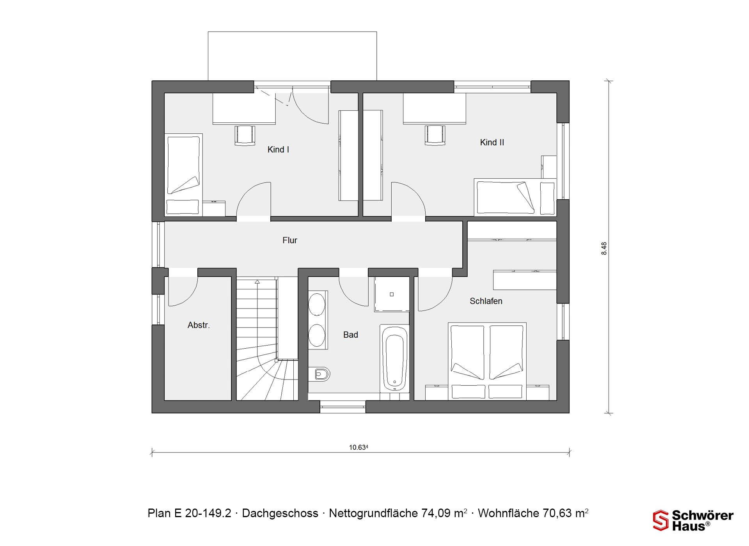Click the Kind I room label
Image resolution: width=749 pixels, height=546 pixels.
click(x=278, y=149)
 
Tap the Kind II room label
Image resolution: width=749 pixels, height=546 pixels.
click(x=492, y=142)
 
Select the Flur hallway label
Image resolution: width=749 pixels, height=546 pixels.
click(x=290, y=240)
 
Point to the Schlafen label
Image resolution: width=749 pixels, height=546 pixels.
click(x=486, y=301)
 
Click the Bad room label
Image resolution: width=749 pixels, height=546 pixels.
click(x=350, y=335)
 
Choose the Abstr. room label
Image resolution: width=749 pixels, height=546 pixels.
click(x=199, y=325)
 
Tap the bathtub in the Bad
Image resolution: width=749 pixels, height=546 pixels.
click(x=394, y=358)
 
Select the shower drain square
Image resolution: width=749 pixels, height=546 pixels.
click(x=392, y=294)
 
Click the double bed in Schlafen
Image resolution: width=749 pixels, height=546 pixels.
click(x=487, y=361)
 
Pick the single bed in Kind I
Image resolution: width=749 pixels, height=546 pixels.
click(x=183, y=175)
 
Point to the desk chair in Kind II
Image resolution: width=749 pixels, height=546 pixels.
click(x=435, y=135)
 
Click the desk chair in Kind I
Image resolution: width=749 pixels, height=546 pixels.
click(x=245, y=135)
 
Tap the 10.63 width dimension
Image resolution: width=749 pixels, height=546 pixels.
click(x=359, y=447)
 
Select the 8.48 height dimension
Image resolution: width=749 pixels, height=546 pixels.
click(x=604, y=248)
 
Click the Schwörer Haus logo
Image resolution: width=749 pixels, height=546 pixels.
click(x=693, y=520)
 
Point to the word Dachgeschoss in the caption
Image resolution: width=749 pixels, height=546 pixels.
click(x=280, y=513)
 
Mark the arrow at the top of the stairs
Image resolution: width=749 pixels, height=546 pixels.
click(x=257, y=282)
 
